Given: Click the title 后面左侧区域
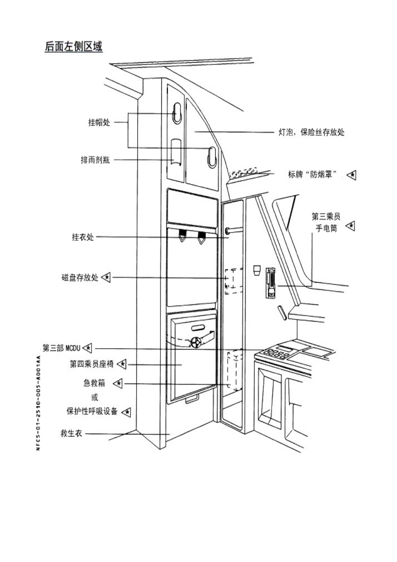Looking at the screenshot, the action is point(74,46).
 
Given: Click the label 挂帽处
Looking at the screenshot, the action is point(99,122).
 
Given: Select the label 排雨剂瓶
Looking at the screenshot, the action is point(95,160).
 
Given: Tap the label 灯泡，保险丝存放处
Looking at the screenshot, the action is point(311,132).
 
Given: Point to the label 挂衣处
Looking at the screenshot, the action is point(83,237).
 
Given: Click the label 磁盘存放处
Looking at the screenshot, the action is point(80,278).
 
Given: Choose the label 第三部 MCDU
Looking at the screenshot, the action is point(61,348).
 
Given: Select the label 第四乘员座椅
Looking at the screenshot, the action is point(92,364).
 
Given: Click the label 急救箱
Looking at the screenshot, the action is point(94,383).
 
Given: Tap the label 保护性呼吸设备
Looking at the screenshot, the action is point(92,411).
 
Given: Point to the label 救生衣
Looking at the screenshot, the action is point(71,433).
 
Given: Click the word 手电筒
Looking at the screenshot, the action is point(326,228).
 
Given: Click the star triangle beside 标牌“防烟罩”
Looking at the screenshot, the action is point(351,175).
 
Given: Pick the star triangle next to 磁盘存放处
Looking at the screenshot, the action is point(106,277).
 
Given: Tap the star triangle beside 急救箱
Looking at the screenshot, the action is point(118,383).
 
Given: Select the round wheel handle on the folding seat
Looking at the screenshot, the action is point(196,342).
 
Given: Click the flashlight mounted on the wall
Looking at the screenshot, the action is point(271,283).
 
